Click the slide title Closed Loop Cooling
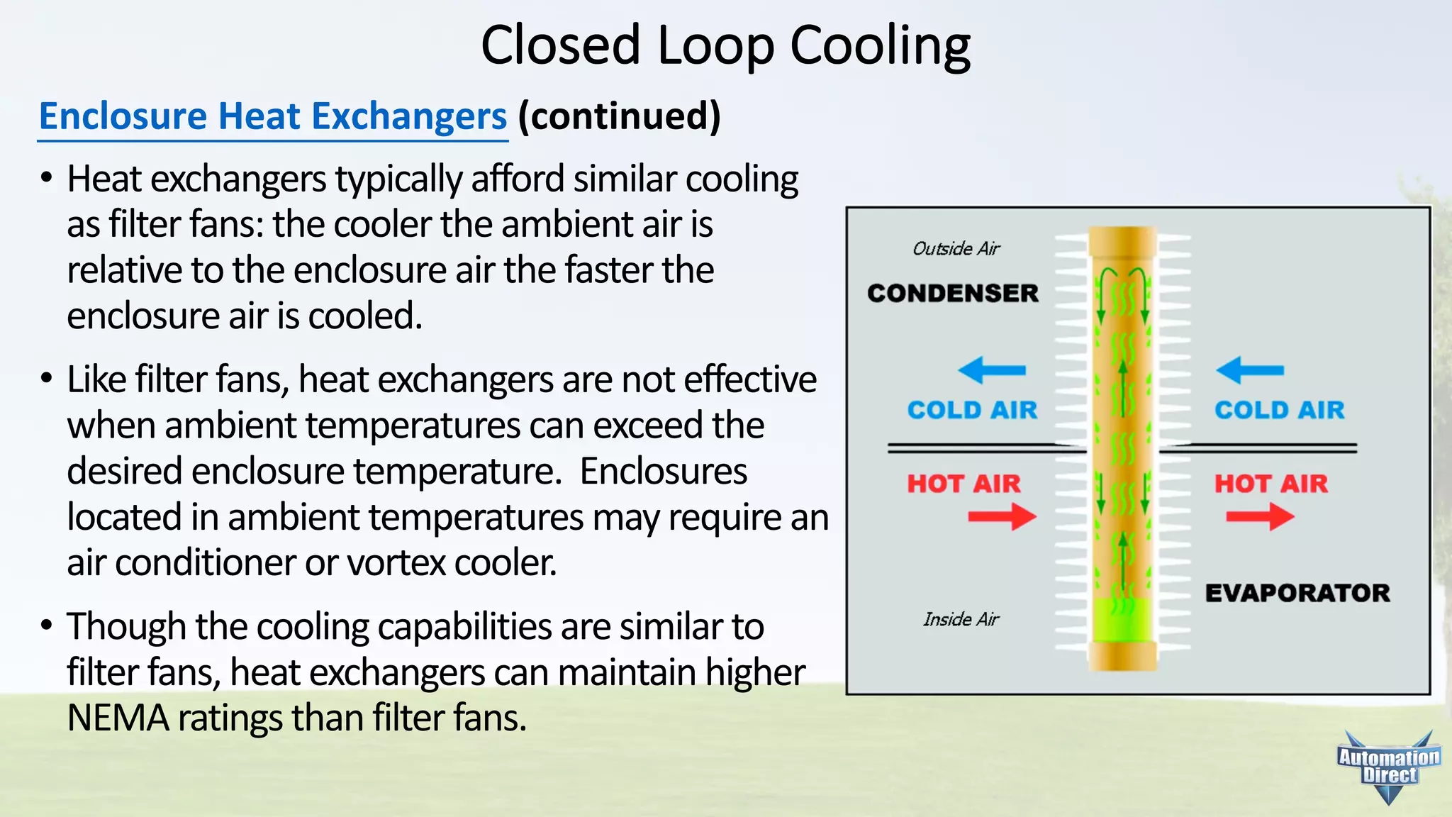point(725,45)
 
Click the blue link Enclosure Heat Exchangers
point(273,116)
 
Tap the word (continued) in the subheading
point(619,116)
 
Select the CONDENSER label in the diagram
point(952,293)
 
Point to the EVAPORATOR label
point(1297,593)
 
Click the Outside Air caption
point(956,249)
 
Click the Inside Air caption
point(961,620)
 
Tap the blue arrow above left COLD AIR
point(991,369)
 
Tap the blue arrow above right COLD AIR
point(1249,369)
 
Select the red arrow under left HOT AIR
point(1002,516)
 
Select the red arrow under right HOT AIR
point(1260,516)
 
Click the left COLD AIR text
point(972,410)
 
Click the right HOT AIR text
point(1270,484)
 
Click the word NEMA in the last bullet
point(118,718)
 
